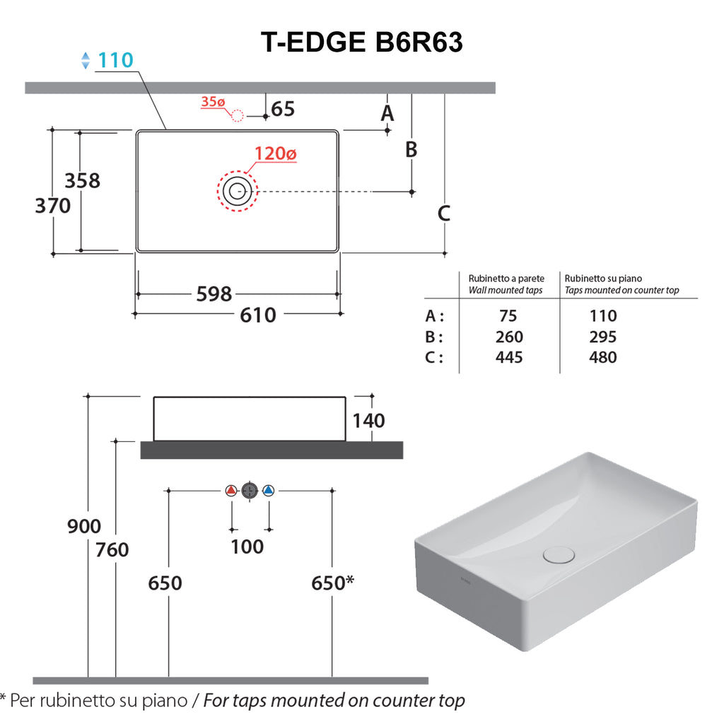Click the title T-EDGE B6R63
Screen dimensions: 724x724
pyautogui.click(x=361, y=42)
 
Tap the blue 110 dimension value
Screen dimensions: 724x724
pyautogui.click(x=115, y=61)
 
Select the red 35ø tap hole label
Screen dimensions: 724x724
pyautogui.click(x=212, y=102)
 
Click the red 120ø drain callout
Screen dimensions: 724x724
pyautogui.click(x=276, y=153)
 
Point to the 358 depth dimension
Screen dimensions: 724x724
pyautogui.click(x=82, y=180)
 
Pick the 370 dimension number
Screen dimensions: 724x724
pyautogui.click(x=53, y=206)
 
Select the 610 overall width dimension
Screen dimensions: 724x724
pyautogui.click(x=258, y=315)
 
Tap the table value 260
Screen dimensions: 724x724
pyautogui.click(x=509, y=337)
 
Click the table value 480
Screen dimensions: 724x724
pyautogui.click(x=602, y=357)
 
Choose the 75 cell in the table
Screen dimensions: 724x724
pyautogui.click(x=508, y=316)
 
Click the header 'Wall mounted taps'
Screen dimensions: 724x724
pyautogui.click(x=506, y=291)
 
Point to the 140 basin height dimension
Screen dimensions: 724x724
pyautogui.click(x=369, y=421)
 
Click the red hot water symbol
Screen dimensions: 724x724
pyautogui.click(x=231, y=490)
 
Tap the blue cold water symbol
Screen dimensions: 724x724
pyautogui.click(x=268, y=490)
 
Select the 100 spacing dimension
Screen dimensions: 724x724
pyautogui.click(x=247, y=547)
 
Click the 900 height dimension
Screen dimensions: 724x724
pyautogui.click(x=84, y=527)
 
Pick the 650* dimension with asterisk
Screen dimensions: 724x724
pyautogui.click(x=332, y=583)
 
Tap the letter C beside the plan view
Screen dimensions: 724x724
pyautogui.click(x=444, y=213)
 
